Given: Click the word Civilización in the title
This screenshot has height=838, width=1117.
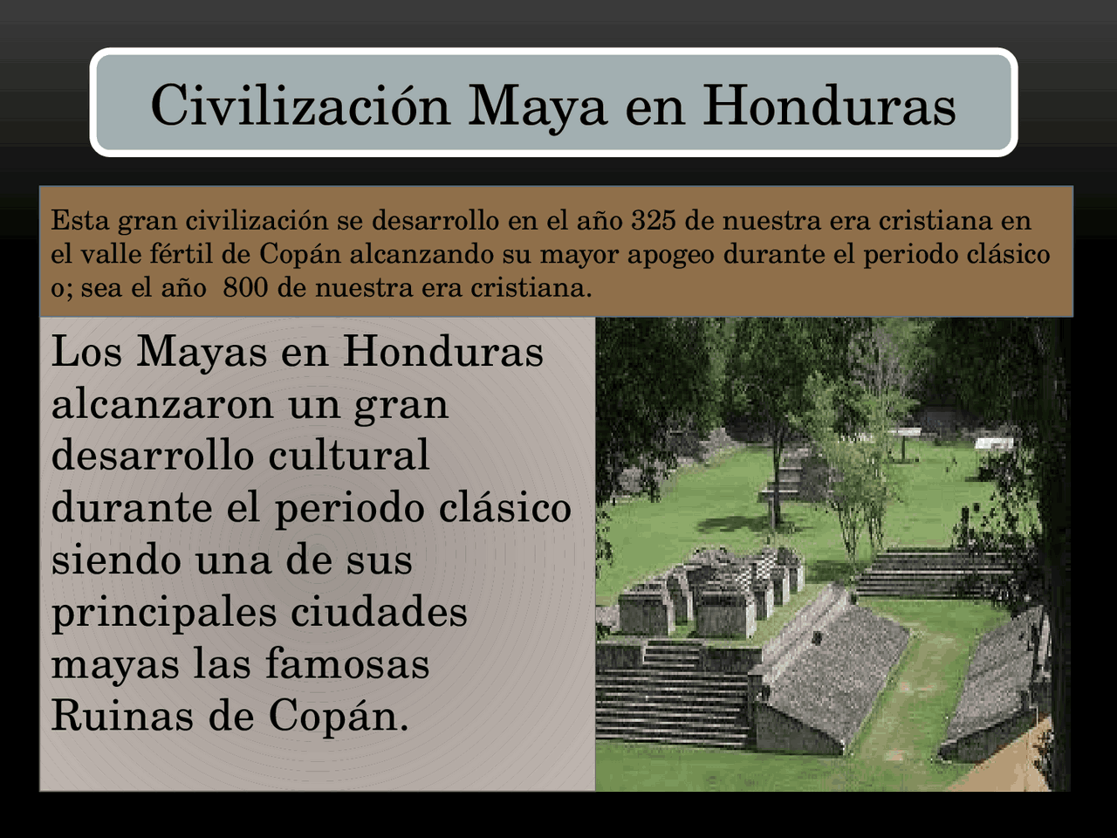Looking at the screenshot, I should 300,106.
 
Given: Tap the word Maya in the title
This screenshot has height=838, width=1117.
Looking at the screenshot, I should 536,106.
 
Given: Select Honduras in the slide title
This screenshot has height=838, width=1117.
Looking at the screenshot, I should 829,106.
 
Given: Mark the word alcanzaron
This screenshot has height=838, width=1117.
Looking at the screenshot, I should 162,404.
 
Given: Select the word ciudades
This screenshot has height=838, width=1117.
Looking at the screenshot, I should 379,611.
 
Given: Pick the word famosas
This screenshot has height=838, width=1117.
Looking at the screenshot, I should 347,663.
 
